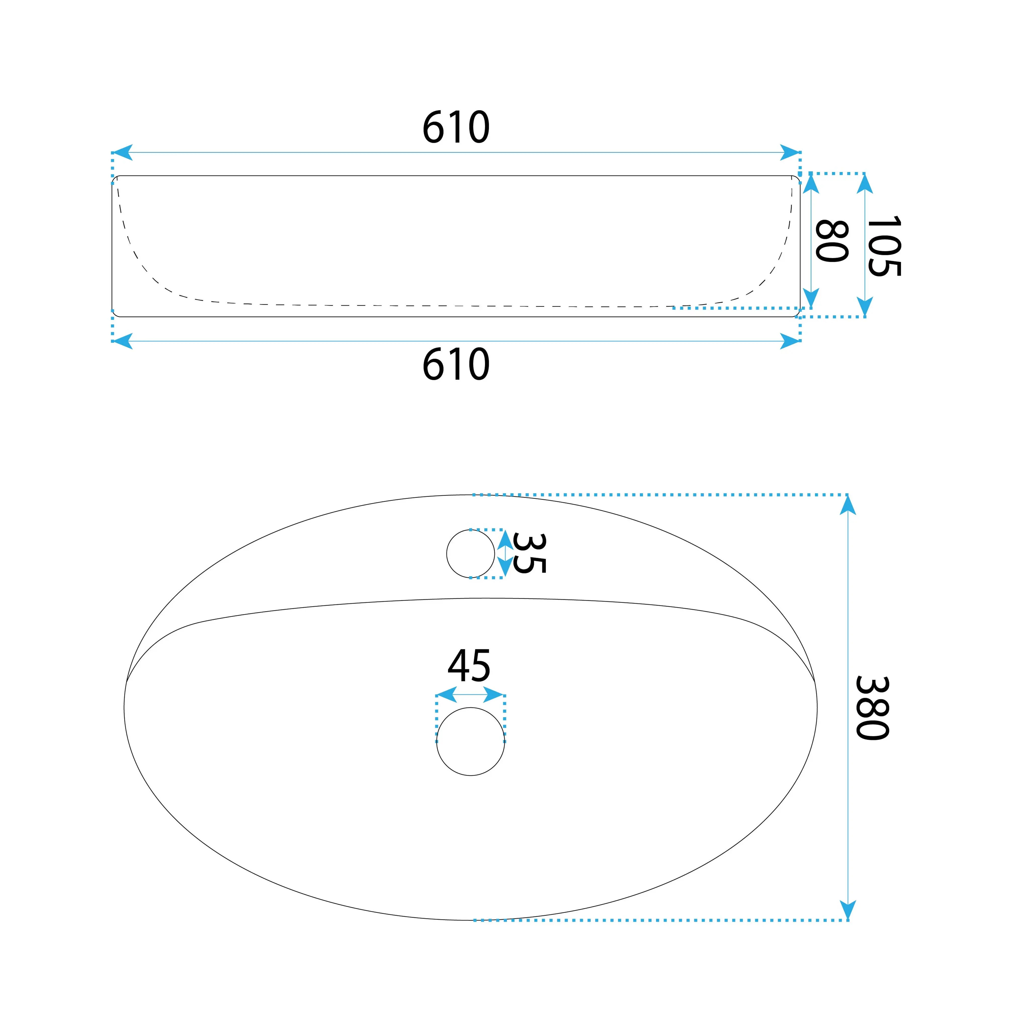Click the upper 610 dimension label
point(456,127)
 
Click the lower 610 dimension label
point(456,364)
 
